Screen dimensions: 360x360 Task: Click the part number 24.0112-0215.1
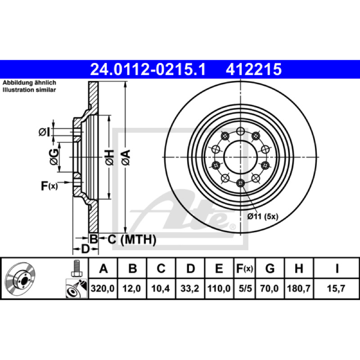click(x=148, y=69)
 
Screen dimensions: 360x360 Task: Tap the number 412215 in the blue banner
click(x=254, y=69)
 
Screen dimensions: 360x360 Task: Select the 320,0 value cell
click(x=103, y=288)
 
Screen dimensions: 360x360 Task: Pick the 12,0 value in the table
click(x=131, y=288)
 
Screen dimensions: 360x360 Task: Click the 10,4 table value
click(x=161, y=288)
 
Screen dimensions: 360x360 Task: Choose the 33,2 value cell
click(x=189, y=288)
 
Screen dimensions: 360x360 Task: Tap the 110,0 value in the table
click(x=219, y=288)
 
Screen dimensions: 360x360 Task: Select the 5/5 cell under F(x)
click(x=245, y=288)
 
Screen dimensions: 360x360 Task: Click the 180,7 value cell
click(x=299, y=288)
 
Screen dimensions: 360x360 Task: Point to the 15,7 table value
click(x=336, y=288)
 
